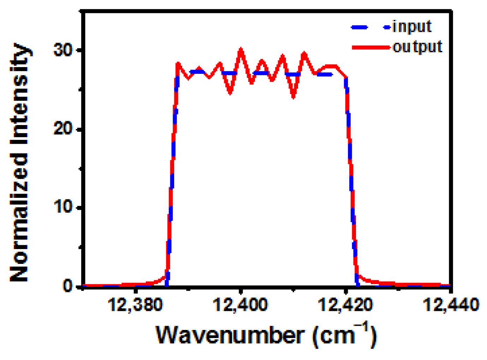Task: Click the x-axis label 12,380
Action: (x=135, y=305)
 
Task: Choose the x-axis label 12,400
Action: (x=240, y=305)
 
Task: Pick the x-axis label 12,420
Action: (x=345, y=305)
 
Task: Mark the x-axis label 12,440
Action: (x=451, y=305)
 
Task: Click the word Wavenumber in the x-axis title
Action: (x=230, y=335)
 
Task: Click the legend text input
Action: (x=412, y=27)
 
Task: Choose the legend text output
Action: (x=417, y=47)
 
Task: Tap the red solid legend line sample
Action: (x=371, y=47)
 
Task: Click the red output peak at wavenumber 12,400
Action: (x=240, y=49)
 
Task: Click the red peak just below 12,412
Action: (x=304, y=53)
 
